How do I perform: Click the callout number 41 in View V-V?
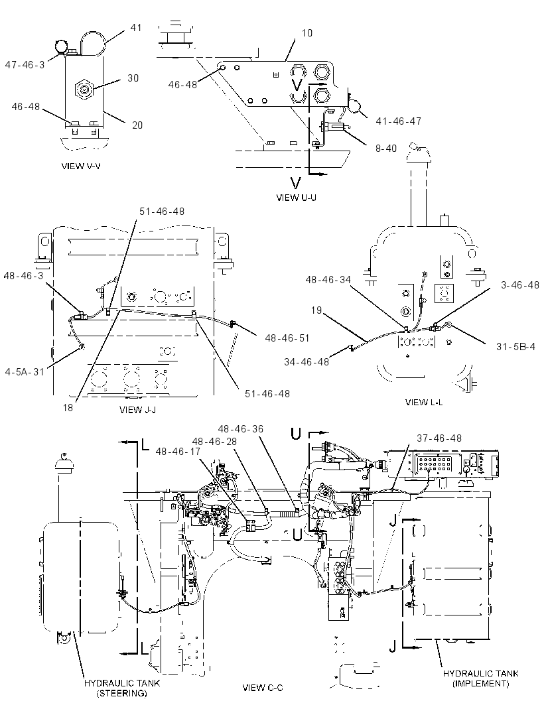click(x=136, y=27)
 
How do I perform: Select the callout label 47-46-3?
click(x=25, y=65)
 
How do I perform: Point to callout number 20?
click(x=137, y=125)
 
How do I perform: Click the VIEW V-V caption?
click(x=81, y=166)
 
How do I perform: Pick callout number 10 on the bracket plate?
click(x=306, y=33)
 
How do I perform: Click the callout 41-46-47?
click(x=398, y=121)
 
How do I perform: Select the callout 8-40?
click(x=386, y=148)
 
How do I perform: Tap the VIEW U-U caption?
click(x=296, y=198)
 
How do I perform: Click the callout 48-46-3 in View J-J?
click(x=23, y=275)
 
